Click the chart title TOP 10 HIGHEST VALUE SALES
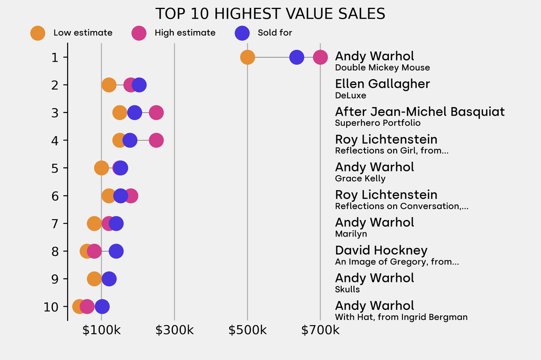tap(270, 14)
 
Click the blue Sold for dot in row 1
tap(297, 57)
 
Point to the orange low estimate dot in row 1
tap(247, 57)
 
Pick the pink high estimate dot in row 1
tap(320, 57)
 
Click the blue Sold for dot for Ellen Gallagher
tap(139, 85)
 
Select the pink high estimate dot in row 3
tap(156, 112)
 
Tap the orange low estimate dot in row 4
tap(119, 140)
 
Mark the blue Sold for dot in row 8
tap(116, 251)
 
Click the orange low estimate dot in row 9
tap(94, 279)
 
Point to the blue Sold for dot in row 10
tap(102, 307)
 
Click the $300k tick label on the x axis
tap(174, 331)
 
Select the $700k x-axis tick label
tap(320, 331)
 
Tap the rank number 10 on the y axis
tap(51, 307)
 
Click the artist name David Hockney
tap(381, 250)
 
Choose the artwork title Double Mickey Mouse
tap(383, 68)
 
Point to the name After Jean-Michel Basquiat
tap(420, 112)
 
